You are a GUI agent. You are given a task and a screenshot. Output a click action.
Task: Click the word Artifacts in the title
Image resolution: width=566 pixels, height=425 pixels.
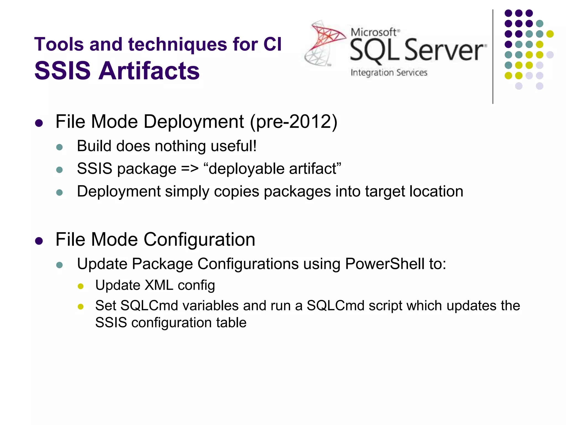coord(149,71)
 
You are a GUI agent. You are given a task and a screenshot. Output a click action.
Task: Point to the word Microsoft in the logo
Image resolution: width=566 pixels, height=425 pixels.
coord(374,32)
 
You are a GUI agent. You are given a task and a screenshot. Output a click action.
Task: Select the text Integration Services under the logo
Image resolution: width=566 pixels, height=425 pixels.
coord(389,72)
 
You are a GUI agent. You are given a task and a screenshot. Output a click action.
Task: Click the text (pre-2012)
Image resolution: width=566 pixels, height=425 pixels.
coord(294,121)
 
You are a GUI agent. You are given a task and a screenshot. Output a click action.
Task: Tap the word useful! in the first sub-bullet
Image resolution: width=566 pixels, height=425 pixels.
coord(234,146)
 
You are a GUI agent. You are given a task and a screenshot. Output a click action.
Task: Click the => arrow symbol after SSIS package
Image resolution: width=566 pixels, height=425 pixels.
coord(190,169)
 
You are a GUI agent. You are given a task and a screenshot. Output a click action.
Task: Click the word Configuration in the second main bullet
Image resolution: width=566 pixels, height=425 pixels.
coord(199,239)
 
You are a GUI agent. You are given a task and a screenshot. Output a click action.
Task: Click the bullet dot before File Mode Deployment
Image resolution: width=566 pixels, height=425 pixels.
coord(39,123)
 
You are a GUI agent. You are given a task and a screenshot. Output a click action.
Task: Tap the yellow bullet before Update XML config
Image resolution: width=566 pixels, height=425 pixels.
coord(81,286)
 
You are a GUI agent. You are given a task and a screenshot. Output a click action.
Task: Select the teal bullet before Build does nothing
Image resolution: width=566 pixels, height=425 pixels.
coord(59,147)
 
